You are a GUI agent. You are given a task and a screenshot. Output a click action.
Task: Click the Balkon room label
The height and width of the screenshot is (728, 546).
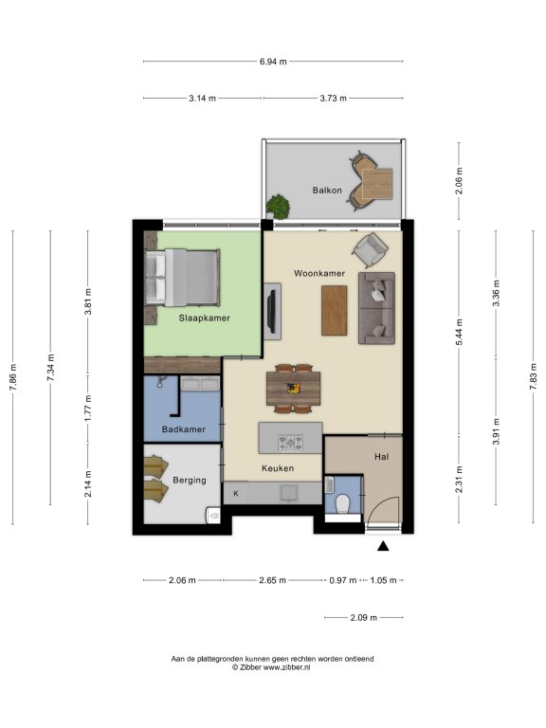tap(327, 191)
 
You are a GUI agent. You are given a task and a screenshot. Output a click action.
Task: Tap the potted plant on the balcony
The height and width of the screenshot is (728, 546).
tap(278, 206)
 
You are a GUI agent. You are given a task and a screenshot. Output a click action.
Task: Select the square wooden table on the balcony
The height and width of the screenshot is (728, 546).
tap(377, 183)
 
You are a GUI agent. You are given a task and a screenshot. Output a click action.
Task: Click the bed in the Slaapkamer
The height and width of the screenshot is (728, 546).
tap(182, 278)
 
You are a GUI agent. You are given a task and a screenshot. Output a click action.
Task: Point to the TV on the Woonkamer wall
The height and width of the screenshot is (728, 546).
tap(272, 311)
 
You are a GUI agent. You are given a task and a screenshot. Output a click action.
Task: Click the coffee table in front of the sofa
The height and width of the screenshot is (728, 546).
tap(335, 310)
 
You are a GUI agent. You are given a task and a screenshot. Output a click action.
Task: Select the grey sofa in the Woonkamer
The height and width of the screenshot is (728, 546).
tap(376, 308)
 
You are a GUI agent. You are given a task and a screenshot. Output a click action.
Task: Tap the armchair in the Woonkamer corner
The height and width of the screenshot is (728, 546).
tap(370, 249)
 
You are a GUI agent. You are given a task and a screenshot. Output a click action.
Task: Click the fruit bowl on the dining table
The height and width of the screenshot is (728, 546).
tap(293, 388)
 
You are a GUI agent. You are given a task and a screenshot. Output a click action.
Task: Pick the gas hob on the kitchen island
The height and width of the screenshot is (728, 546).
tap(290, 443)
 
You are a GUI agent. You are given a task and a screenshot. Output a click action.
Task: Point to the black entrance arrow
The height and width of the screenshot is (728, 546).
tap(383, 546)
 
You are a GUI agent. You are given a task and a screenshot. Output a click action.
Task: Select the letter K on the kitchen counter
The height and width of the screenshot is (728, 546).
tap(236, 494)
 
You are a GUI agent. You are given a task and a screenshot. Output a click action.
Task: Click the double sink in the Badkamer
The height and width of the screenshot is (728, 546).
tap(200, 384)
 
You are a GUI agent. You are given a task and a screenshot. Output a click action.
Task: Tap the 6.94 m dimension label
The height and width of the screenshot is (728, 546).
tap(273, 62)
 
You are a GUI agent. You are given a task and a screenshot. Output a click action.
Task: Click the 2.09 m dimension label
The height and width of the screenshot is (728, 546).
tap(364, 617)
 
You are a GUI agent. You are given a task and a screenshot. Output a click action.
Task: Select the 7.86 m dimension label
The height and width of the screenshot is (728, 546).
tap(14, 376)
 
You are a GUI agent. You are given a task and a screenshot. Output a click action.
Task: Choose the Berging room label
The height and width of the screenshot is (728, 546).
tap(190, 480)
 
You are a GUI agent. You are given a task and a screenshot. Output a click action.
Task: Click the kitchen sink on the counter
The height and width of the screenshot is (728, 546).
tap(289, 493)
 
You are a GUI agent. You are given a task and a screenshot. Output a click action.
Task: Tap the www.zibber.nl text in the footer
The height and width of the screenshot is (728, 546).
tap(286, 667)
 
